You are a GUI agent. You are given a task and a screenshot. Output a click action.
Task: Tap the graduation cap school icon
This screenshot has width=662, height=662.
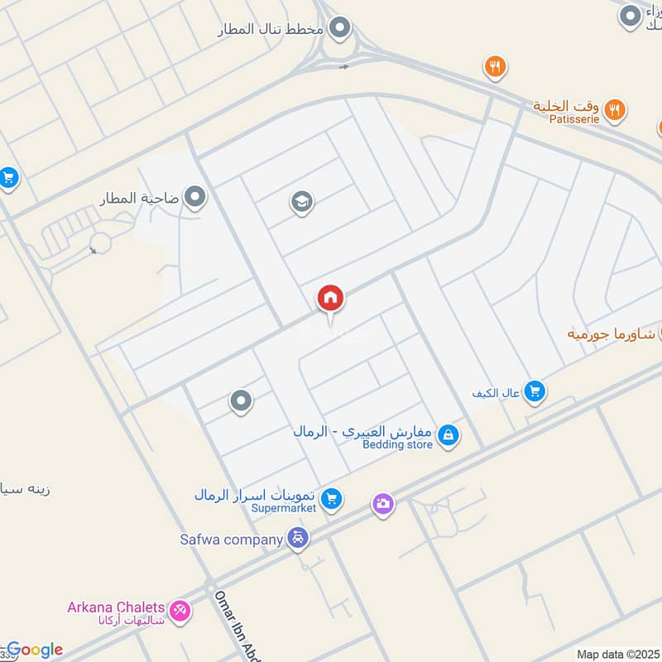(301, 202)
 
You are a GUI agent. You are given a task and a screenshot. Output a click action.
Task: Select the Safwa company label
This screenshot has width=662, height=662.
(232, 540)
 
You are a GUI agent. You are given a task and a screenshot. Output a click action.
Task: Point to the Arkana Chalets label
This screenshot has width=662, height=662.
(116, 607)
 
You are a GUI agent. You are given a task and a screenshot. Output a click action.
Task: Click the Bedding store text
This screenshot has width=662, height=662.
(397, 444)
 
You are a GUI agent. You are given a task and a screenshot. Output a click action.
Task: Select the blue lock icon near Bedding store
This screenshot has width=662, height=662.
(448, 435)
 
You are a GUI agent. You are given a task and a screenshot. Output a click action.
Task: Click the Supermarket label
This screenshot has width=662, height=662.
(284, 508)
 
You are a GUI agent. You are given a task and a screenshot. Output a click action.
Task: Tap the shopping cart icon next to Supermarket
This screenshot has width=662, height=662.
(331, 499)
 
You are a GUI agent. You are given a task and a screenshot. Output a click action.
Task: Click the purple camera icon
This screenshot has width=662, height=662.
(382, 503)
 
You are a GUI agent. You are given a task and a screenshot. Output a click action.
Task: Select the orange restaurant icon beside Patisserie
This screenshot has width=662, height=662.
(614, 108)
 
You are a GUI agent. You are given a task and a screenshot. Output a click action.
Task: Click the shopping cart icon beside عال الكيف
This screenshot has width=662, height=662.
(535, 391)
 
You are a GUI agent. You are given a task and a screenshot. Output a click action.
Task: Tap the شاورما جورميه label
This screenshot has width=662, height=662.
(611, 333)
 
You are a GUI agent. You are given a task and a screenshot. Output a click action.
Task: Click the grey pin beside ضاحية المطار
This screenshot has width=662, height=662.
(195, 198)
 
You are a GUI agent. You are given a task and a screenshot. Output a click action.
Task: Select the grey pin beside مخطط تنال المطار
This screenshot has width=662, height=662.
(338, 30)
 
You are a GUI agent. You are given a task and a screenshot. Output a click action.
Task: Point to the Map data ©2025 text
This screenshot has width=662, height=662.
(617, 654)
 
